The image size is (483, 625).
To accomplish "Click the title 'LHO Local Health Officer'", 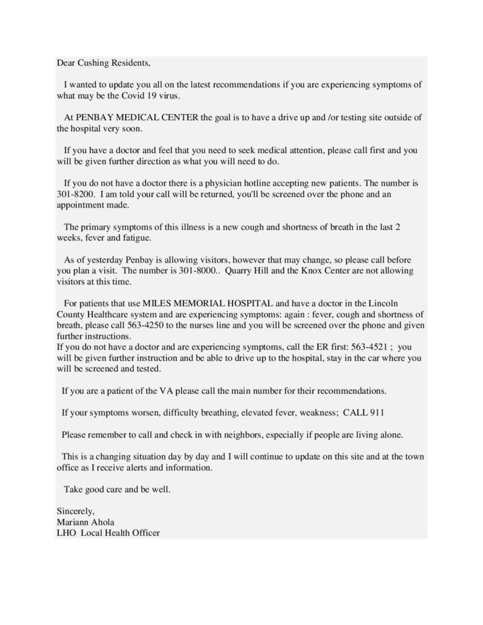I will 108,532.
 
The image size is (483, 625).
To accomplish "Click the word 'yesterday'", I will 105,258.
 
